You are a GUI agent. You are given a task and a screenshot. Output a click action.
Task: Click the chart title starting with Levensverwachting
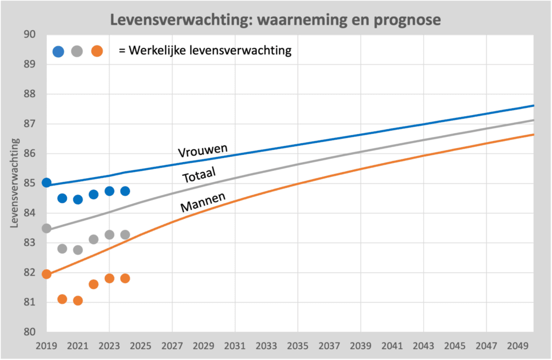tap(275, 20)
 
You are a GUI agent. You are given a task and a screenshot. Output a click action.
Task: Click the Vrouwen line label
tap(203, 149)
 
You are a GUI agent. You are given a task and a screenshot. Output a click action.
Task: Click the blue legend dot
tap(58, 52)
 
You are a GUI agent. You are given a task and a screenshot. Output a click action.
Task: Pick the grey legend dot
tap(77, 52)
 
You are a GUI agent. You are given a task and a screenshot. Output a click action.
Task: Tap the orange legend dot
tap(97, 52)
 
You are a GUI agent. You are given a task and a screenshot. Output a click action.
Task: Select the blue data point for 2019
tap(46, 183)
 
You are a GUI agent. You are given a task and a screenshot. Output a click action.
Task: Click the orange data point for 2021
tap(78, 301)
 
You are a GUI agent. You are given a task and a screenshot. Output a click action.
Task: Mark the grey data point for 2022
tap(93, 239)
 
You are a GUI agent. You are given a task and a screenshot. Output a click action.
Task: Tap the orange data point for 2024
tap(125, 279)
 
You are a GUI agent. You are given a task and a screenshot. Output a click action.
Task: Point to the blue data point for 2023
tap(109, 191)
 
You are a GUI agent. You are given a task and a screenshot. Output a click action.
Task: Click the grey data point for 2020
tap(62, 249)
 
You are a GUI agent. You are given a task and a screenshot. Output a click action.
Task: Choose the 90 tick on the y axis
tap(30, 34)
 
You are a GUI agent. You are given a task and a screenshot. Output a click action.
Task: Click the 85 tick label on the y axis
tap(30, 183)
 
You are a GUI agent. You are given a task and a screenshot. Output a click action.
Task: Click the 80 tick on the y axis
tap(30, 331)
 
